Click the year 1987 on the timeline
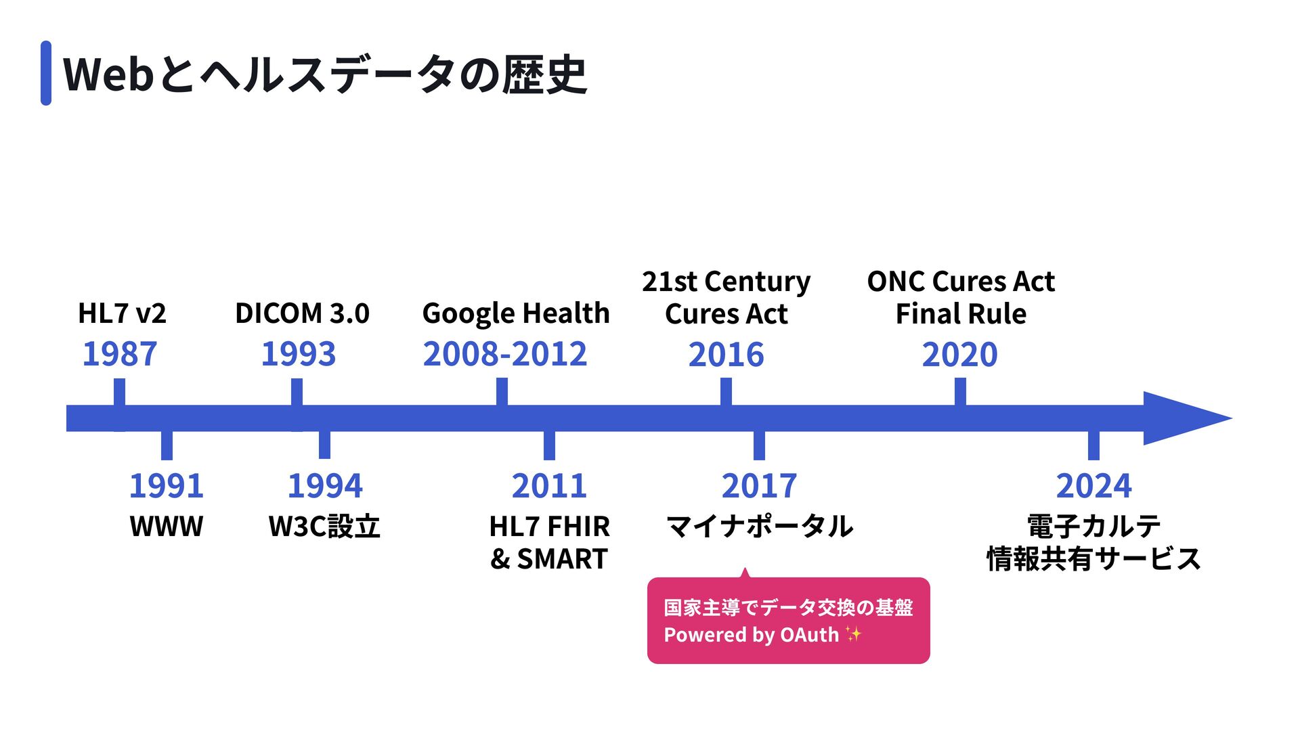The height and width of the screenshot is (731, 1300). point(120,354)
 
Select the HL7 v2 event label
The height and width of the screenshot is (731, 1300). point(122,313)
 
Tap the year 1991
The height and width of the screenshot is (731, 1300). point(167,485)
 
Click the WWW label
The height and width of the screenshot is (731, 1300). point(167,526)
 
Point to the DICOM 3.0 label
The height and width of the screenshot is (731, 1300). point(302,313)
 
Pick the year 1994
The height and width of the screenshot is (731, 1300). point(325,485)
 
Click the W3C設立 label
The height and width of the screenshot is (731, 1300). point(324,526)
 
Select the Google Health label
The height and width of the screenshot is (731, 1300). point(516,314)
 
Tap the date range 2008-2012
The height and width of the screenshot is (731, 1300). point(505,354)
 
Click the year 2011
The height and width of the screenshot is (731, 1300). point(549,485)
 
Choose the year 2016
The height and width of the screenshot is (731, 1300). point(727,355)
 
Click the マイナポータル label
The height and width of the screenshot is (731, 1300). point(760,526)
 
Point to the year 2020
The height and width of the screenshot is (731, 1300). point(960,355)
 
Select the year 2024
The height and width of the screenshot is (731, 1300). point(1094,485)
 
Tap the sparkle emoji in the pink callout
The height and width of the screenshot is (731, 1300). point(853,634)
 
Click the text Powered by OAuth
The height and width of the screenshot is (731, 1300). point(752,635)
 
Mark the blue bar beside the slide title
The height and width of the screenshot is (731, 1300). point(46,73)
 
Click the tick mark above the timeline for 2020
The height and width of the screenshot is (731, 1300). point(960,392)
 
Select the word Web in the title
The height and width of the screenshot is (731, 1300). point(109,74)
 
